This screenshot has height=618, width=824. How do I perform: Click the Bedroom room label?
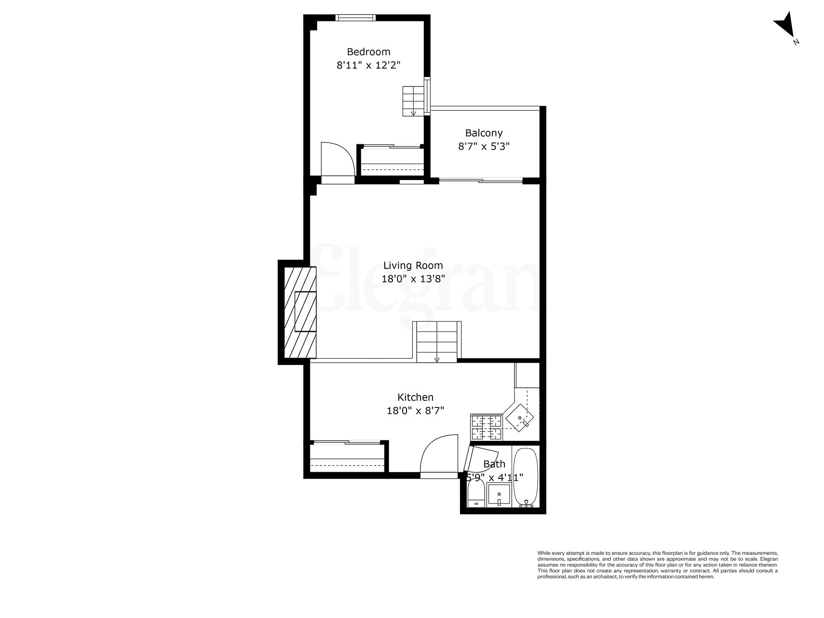point(368,52)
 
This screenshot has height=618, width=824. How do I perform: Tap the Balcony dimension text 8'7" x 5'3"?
point(484,146)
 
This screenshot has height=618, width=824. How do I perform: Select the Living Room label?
point(413,265)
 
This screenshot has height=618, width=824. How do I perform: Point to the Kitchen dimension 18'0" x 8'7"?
point(415,411)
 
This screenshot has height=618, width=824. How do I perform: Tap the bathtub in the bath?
point(525,477)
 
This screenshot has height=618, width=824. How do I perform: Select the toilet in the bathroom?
point(476,497)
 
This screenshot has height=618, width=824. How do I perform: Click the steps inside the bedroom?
point(413,101)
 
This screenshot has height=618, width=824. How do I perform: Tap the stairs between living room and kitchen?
point(437,342)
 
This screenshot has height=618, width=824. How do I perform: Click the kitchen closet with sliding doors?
point(348,457)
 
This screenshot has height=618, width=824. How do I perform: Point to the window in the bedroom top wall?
point(355,18)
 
